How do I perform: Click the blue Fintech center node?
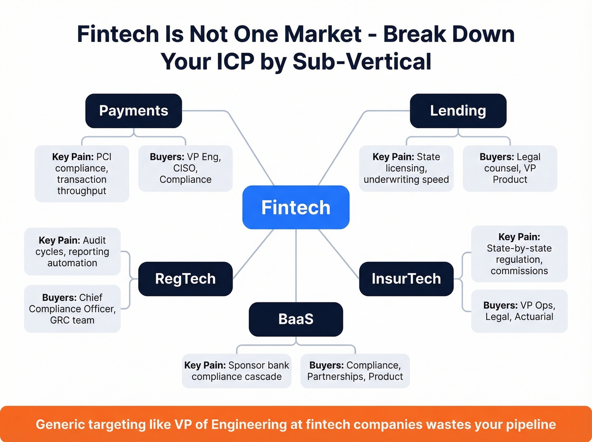pyautogui.click(x=296, y=207)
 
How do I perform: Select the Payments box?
pyautogui.click(x=134, y=111)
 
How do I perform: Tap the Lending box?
pyautogui.click(x=458, y=111)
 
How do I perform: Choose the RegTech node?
pyautogui.click(x=185, y=279)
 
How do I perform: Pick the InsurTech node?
pyautogui.click(x=406, y=279)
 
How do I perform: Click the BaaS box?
pyautogui.click(x=296, y=319)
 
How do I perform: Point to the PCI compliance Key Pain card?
pyautogui.click(x=82, y=173)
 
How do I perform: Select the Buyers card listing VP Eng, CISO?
pyautogui.click(x=185, y=168)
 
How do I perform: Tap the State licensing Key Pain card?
pyautogui.click(x=406, y=168)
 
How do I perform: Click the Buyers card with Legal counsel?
pyautogui.click(x=510, y=168)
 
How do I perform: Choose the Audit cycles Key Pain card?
pyautogui.click(x=72, y=252)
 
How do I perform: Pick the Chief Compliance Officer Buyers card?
pyautogui.click(x=72, y=309)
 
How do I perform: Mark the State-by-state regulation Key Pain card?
pyautogui.click(x=519, y=254)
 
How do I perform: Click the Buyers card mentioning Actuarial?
pyautogui.click(x=519, y=311)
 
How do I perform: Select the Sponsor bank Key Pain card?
pyautogui.click(x=236, y=371)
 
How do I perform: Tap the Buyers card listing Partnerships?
pyautogui.click(x=355, y=371)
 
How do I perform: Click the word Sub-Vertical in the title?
pyautogui.click(x=362, y=62)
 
